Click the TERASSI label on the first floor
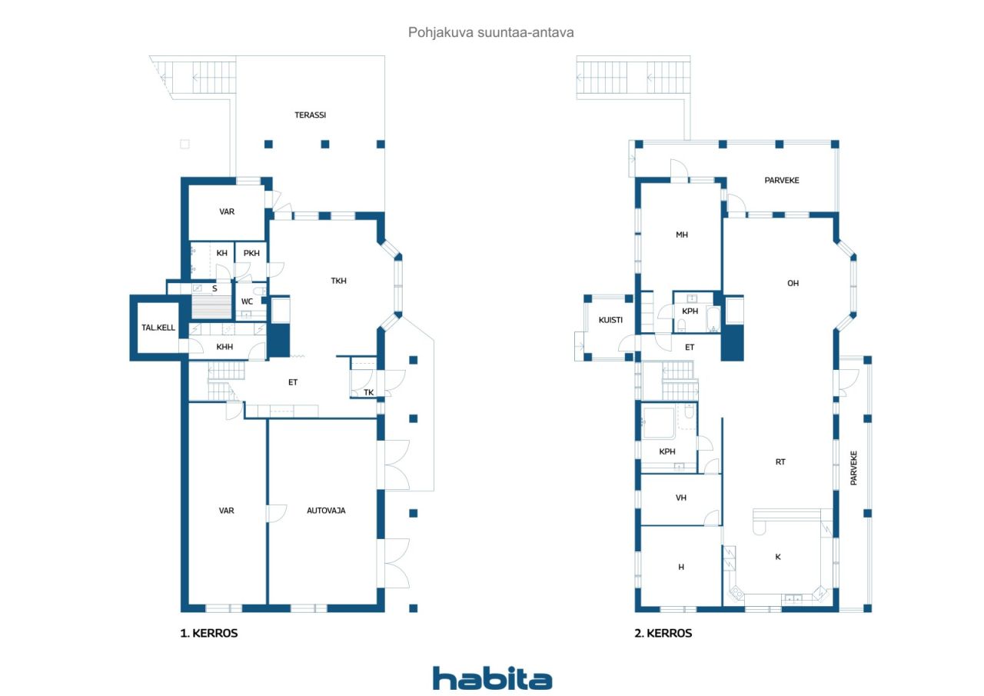pyautogui.click(x=310, y=115)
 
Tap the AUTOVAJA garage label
pyautogui.click(x=326, y=511)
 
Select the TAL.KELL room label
pyautogui.click(x=158, y=328)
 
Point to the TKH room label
pyautogui.click(x=339, y=281)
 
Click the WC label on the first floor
pyautogui.click(x=247, y=302)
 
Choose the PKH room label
pyautogui.click(x=251, y=254)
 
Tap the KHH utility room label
pyautogui.click(x=224, y=347)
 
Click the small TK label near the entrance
pyautogui.click(x=368, y=393)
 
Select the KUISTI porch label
pyautogui.click(x=610, y=321)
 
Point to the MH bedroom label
pyautogui.click(x=682, y=235)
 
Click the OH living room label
pyautogui.click(x=793, y=284)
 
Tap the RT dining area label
pyautogui.click(x=780, y=461)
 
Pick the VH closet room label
pyautogui.click(x=681, y=498)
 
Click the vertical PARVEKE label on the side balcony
pyautogui.click(x=853, y=468)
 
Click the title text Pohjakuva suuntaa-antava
pyautogui.click(x=491, y=32)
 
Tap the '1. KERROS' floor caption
pyautogui.click(x=209, y=633)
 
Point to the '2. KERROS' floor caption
pyautogui.click(x=663, y=633)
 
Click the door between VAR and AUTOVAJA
pyautogui.click(x=276, y=513)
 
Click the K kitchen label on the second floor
pyautogui.click(x=778, y=557)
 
